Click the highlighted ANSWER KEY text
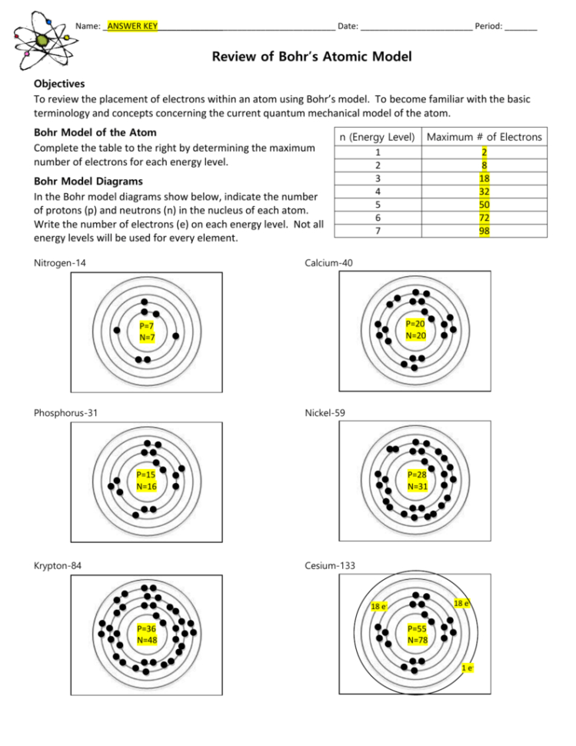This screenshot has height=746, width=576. tap(132, 26)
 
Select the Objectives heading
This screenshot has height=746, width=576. tap(59, 84)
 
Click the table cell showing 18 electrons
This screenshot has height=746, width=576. tap(484, 178)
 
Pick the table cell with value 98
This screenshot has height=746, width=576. tap(484, 230)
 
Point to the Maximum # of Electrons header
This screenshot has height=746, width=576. tap(484, 137)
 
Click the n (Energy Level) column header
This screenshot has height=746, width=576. tap(377, 137)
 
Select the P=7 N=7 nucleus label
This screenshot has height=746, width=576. tap(148, 331)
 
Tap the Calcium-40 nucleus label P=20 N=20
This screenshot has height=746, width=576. tap(415, 330)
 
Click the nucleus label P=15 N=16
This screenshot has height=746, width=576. tap(146, 481)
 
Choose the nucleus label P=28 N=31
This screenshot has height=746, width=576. tap(417, 481)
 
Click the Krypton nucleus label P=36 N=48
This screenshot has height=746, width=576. tap(146, 634)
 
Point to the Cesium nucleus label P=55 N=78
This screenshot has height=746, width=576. tap(417, 634)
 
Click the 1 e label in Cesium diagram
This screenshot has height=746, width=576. tap(468, 668)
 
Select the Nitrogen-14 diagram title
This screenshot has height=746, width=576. tap(60, 263)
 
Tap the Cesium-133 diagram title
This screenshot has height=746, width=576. tap(330, 566)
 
